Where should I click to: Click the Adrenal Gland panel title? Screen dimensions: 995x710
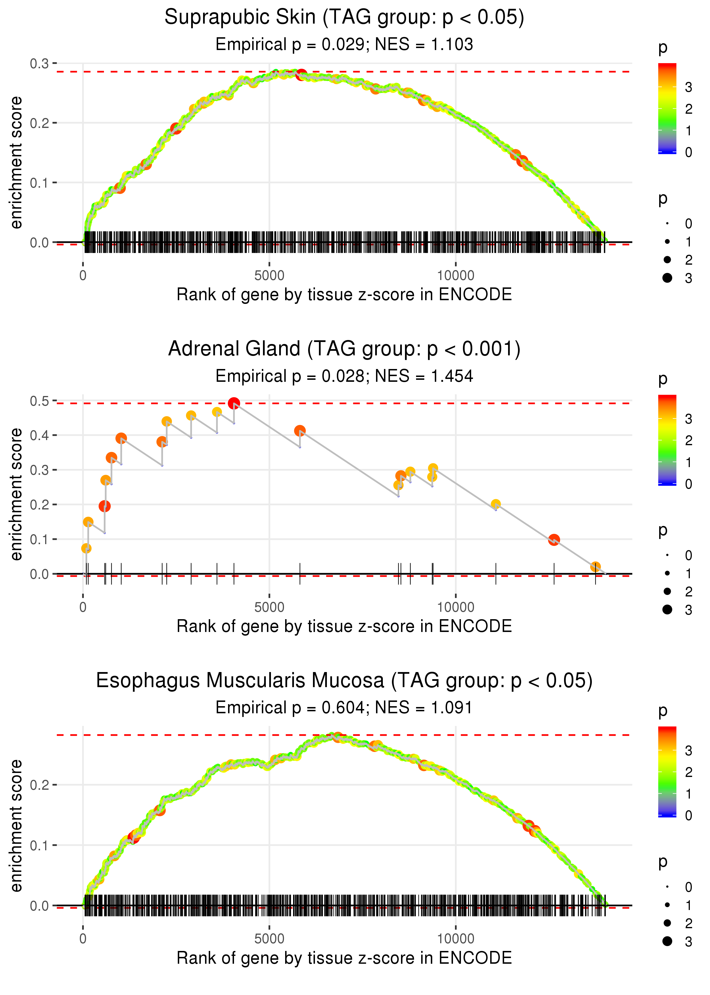point(344,349)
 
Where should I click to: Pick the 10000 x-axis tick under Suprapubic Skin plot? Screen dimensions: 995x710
point(456,276)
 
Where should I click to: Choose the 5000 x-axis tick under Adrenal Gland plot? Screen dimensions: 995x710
point(269,607)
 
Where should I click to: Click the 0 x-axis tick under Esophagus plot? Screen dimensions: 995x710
point(83,939)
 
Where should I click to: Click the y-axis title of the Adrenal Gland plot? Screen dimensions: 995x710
point(16,494)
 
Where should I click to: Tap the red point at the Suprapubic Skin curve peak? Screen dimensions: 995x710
point(301,75)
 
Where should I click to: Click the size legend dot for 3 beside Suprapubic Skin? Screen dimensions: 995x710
point(667,278)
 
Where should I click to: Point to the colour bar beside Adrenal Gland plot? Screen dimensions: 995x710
point(667,440)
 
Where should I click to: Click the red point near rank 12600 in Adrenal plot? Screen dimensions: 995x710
point(554,540)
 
